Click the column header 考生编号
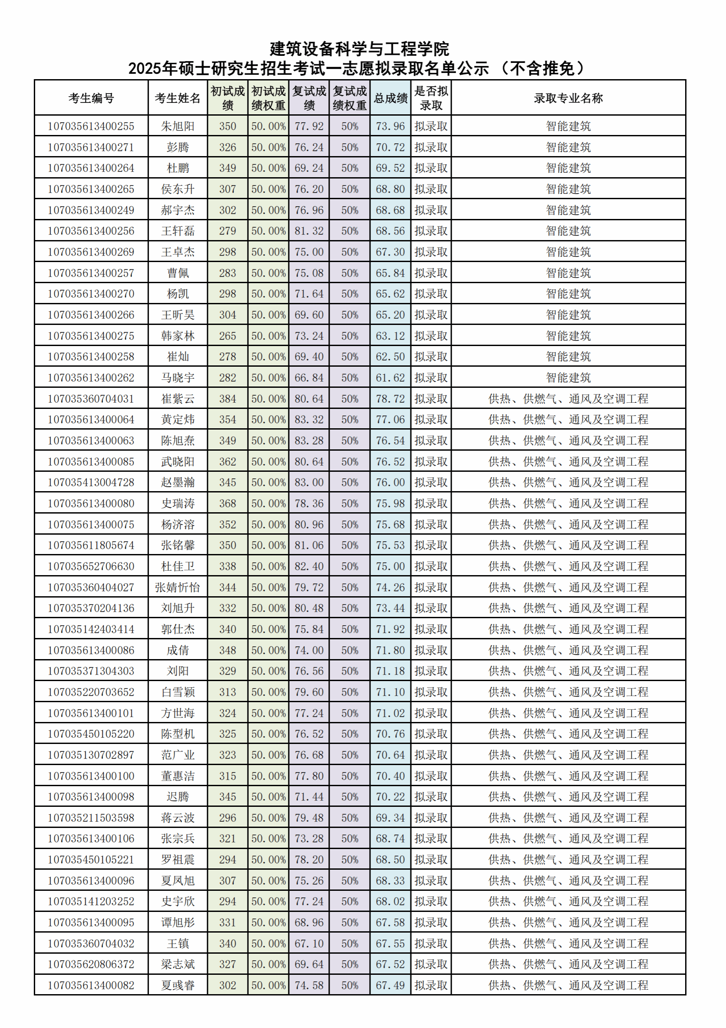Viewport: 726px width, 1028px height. point(91,98)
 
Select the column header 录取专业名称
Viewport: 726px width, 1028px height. point(568,98)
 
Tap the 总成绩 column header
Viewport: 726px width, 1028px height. point(390,98)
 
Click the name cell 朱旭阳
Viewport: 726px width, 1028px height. point(178,126)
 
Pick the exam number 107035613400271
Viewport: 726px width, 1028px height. point(91,147)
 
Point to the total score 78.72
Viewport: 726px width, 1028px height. point(390,398)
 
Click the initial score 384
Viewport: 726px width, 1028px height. point(227,398)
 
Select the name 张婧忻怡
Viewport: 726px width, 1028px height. point(178,587)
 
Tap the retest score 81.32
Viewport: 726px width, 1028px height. point(309,231)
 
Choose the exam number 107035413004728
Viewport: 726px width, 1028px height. point(91,482)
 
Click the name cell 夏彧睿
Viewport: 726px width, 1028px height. point(178,985)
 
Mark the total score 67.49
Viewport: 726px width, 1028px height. point(390,985)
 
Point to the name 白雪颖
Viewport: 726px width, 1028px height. point(178,692)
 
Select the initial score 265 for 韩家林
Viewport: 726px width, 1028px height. point(227,336)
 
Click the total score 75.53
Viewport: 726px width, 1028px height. point(390,545)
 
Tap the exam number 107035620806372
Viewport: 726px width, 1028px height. point(91,964)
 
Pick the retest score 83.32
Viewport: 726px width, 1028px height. point(309,419)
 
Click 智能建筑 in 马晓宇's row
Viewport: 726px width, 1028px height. point(568,377)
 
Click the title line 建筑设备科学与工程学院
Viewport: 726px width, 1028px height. point(359,49)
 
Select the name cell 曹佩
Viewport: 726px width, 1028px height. point(178,273)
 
